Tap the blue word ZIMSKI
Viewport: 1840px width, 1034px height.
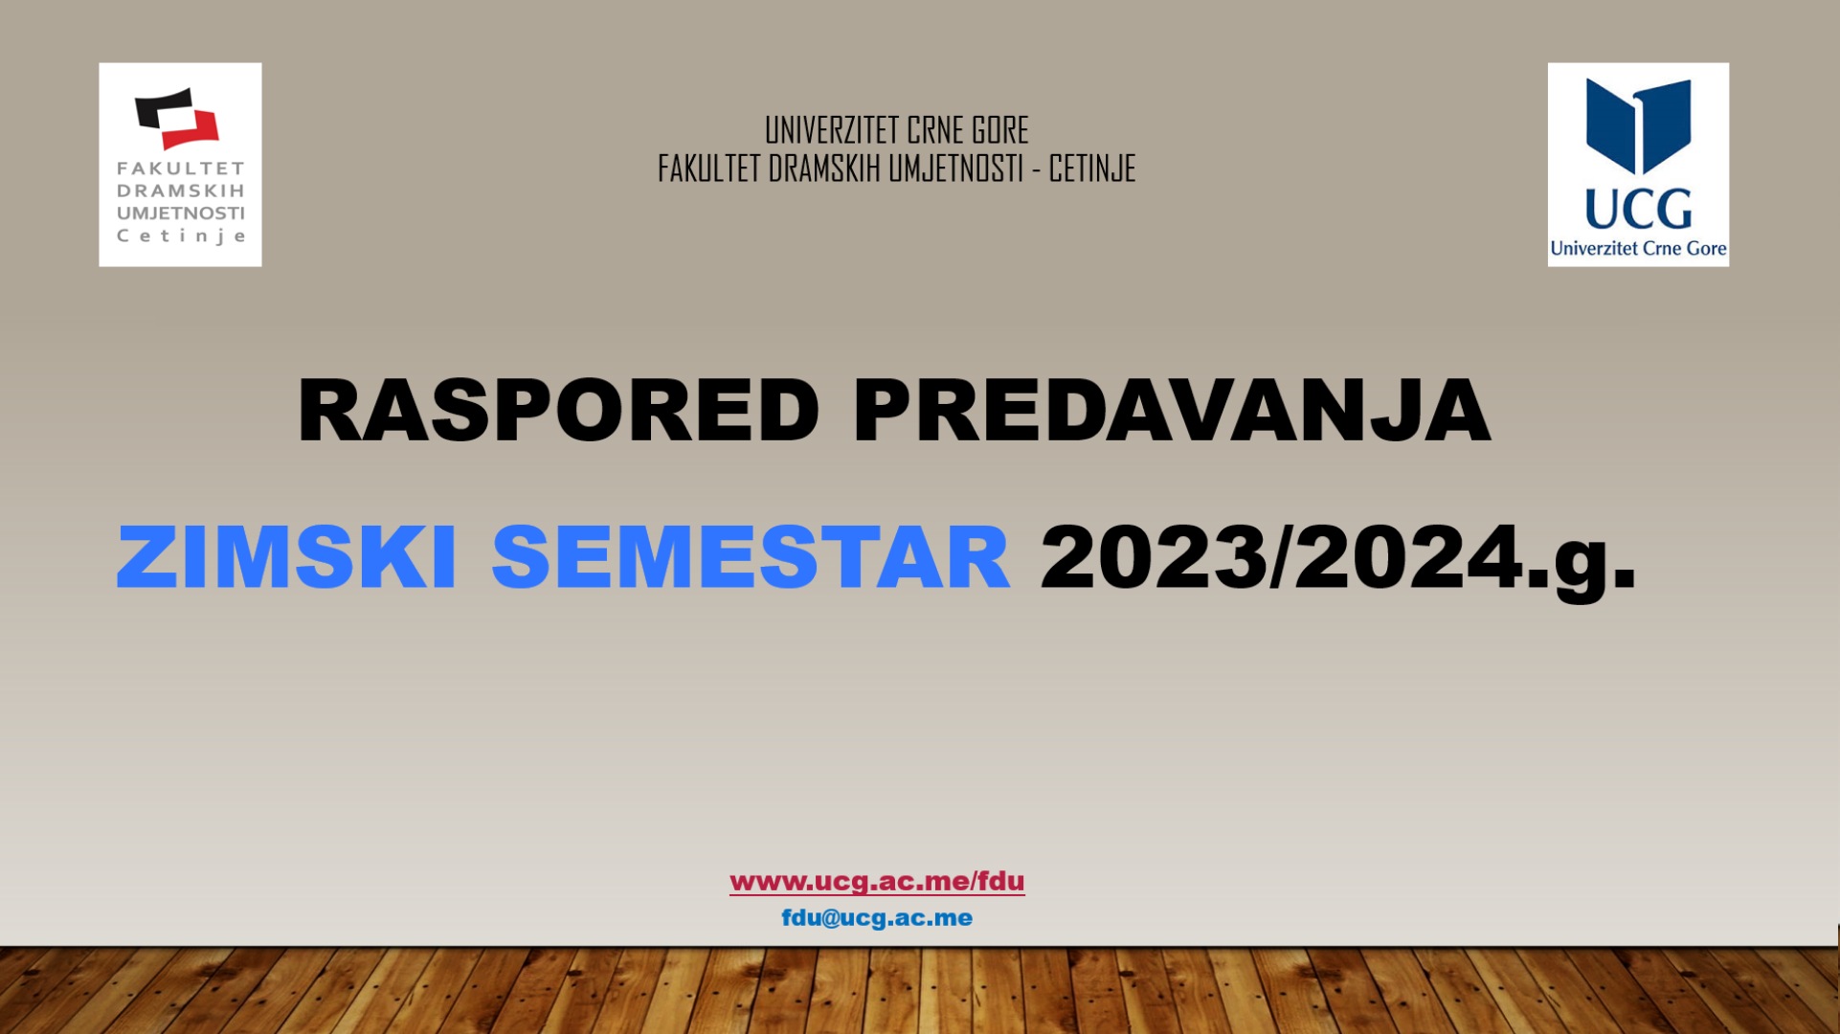[286, 557]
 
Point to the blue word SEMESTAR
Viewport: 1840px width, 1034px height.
[751, 557]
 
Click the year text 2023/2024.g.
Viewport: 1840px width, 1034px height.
[1338, 560]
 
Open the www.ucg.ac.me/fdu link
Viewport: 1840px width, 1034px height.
[877, 881]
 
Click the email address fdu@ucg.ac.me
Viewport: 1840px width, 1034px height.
[877, 917]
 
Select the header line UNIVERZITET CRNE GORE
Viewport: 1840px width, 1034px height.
[896, 130]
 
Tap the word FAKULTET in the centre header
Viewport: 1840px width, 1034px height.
[709, 169]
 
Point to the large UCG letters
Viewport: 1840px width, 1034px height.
[1638, 208]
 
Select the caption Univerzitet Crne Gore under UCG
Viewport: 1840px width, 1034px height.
[1638, 249]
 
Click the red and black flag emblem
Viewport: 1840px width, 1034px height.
[177, 119]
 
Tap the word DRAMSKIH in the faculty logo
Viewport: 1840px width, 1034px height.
[181, 191]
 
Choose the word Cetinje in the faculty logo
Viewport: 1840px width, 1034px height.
[181, 236]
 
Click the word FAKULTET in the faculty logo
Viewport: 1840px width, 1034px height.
[181, 169]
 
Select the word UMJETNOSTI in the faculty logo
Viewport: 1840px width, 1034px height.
[181, 214]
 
